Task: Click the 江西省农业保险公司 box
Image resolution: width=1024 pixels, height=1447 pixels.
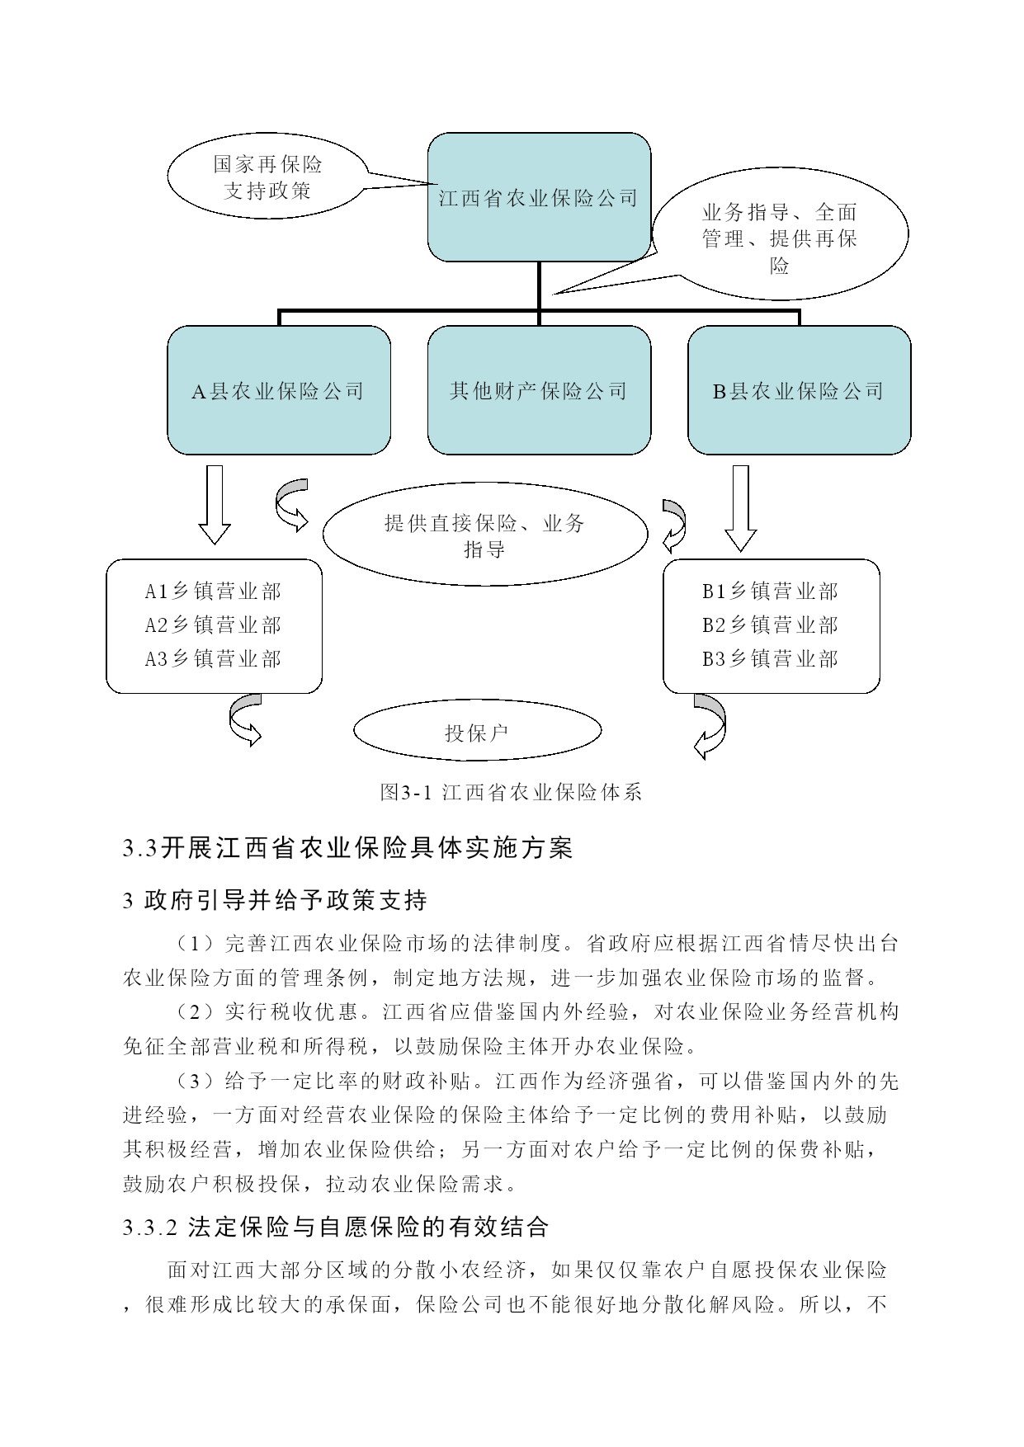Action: click(x=539, y=197)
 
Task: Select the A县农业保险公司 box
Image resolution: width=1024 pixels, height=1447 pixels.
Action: click(x=279, y=390)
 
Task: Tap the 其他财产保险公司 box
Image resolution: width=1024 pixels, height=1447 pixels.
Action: click(x=539, y=390)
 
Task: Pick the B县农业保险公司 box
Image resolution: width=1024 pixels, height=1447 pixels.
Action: click(x=800, y=390)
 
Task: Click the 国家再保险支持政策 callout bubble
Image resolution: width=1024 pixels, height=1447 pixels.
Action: click(x=268, y=177)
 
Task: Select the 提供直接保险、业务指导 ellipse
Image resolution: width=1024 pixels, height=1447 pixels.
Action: click(x=485, y=535)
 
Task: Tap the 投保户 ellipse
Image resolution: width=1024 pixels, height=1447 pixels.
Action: click(x=477, y=731)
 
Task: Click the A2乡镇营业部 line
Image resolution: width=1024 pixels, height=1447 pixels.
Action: click(x=213, y=625)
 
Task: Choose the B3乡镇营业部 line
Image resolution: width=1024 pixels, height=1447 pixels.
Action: click(x=770, y=659)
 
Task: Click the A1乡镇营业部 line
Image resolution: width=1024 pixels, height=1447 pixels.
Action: click(x=213, y=592)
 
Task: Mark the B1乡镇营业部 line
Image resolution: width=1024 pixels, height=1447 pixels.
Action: click(x=770, y=592)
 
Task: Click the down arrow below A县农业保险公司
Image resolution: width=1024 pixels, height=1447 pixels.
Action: click(x=215, y=505)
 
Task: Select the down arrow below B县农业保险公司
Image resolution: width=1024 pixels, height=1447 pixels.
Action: click(x=740, y=508)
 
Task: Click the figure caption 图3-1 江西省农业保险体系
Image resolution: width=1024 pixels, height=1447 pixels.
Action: click(x=511, y=793)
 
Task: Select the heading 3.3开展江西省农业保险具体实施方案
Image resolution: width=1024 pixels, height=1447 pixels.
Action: click(x=347, y=848)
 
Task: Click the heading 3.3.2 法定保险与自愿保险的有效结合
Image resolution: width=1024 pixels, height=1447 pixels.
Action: click(x=336, y=1227)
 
